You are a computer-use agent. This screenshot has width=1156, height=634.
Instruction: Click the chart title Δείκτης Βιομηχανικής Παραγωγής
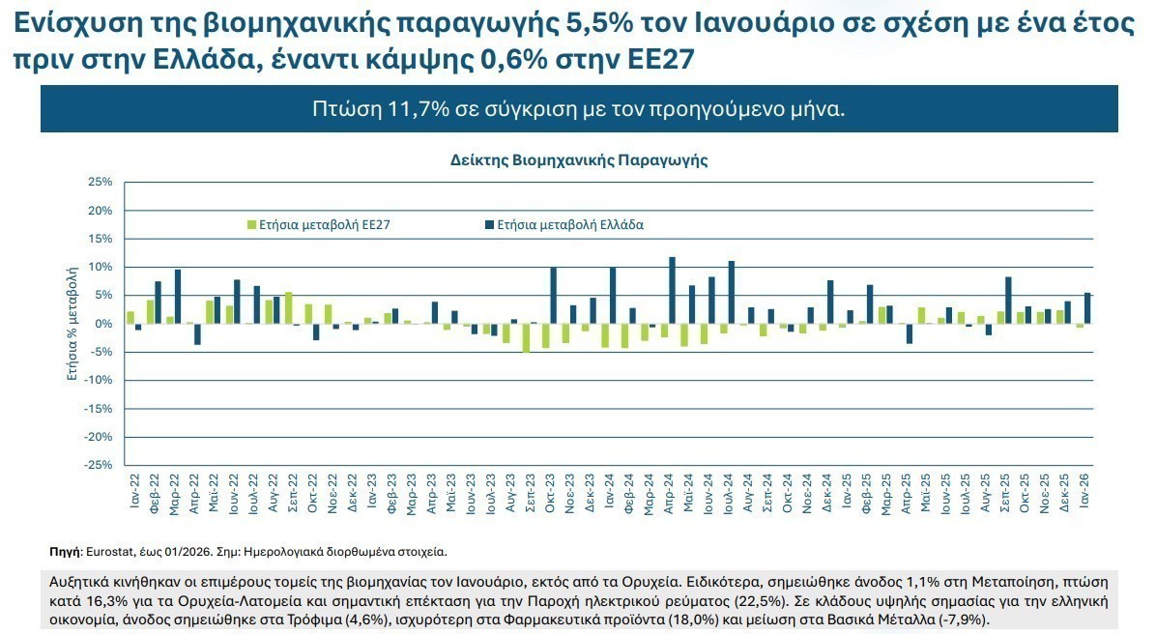579,159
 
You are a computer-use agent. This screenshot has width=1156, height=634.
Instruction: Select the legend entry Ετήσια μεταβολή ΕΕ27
325,224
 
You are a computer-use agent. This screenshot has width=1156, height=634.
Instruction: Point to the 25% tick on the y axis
101,182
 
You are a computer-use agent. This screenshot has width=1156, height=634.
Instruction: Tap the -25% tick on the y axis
99,465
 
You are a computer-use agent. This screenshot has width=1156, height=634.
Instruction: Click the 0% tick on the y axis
104,324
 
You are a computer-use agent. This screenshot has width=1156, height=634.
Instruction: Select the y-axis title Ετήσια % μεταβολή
72,324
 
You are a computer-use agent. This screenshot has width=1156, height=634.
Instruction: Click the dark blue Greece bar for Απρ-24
672,290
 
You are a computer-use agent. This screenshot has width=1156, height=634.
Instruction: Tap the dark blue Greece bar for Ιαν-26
1087,307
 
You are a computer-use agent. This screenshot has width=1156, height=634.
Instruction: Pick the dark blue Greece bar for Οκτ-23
553,295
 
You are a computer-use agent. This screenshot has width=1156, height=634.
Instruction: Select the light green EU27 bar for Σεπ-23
526,337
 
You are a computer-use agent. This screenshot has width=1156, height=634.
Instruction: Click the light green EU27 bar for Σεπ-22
288,307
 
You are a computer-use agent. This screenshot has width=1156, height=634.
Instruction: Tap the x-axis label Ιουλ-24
728,490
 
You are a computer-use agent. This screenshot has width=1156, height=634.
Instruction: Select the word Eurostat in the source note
108,551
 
